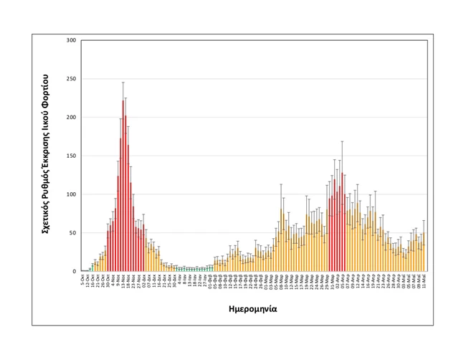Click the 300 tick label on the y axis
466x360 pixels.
point(70,40)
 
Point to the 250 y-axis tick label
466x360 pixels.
point(70,79)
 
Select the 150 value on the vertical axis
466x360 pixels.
point(70,156)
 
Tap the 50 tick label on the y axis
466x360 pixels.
point(72,233)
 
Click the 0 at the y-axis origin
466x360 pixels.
point(74,272)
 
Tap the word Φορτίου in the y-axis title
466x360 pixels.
point(45,89)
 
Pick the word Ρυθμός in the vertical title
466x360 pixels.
point(45,181)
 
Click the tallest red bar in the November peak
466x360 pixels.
point(123,186)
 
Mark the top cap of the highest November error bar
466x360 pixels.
point(123,82)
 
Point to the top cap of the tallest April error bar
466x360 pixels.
point(343,141)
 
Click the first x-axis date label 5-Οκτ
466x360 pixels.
point(83,279)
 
